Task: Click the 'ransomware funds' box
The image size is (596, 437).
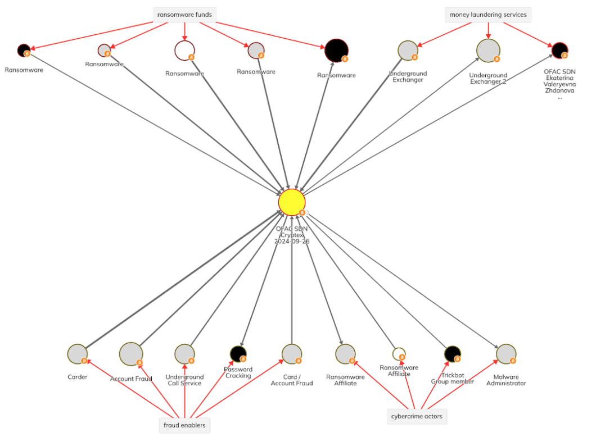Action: [184, 15]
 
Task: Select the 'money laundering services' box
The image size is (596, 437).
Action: [488, 15]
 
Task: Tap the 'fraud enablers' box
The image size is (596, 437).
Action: [184, 425]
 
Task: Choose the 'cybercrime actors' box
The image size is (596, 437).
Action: [417, 416]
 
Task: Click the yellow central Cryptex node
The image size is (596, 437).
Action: [292, 202]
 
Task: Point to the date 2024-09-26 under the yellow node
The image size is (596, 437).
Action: [292, 242]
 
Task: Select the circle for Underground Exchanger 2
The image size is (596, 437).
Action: [487, 50]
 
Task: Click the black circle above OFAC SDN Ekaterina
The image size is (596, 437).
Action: [559, 51]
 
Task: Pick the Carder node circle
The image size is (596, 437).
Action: [77, 354]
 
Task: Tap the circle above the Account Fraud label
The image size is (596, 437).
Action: [131, 354]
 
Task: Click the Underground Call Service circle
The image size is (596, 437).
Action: [184, 354]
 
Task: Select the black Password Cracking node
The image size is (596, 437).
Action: [238, 354]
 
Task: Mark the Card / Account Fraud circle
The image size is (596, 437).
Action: [292, 354]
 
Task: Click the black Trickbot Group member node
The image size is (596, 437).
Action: [452, 354]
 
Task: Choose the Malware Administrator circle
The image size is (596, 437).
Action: [506, 354]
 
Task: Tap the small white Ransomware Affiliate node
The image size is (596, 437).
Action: [399, 354]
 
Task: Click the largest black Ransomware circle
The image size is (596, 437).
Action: [336, 51]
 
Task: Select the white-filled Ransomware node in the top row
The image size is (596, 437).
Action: [184, 50]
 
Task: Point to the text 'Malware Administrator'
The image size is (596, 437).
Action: [509, 380]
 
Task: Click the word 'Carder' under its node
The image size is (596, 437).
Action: [77, 377]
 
